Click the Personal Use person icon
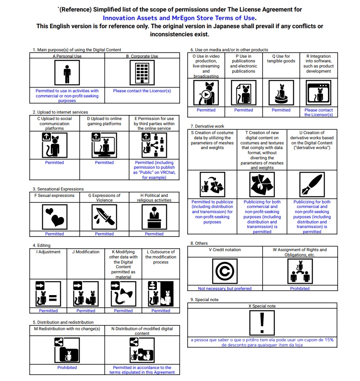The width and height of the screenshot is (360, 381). coord(67,73)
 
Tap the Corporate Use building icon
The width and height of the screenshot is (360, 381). coord(142,73)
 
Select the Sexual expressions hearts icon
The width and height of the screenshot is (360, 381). coord(54,217)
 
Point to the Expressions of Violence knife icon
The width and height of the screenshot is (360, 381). coord(104,217)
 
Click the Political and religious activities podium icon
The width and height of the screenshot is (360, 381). coord(154,217)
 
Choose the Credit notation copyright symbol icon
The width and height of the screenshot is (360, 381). coord(225,272)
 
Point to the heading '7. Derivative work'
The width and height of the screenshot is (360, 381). coord(207,126)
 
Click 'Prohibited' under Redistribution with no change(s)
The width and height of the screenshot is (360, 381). coord(67,367)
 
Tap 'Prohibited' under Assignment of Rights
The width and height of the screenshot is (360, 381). coord(300,288)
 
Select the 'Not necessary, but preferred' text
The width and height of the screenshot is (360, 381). coord(225,288)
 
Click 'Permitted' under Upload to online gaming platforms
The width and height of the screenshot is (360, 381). coord(104,162)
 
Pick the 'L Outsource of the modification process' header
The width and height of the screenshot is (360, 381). coord(161,257)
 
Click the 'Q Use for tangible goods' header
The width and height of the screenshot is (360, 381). coord(281,59)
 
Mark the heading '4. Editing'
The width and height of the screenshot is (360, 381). coord(41,246)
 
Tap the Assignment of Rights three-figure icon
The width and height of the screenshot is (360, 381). coord(300,272)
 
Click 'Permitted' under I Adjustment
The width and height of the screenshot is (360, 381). coord(48,311)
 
